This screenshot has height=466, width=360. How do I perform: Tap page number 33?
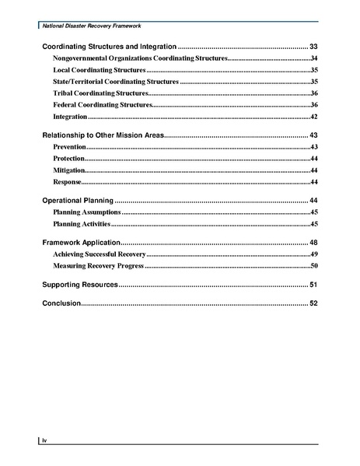(x=313, y=47)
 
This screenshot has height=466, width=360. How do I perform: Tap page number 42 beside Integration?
(x=314, y=117)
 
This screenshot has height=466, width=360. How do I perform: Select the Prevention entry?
(x=69, y=147)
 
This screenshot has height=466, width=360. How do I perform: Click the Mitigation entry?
(x=69, y=170)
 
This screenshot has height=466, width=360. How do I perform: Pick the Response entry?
(x=68, y=182)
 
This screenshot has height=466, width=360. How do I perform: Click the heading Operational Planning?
(x=77, y=201)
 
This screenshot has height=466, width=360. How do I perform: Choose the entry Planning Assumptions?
(x=86, y=212)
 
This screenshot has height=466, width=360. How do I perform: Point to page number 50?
(x=314, y=266)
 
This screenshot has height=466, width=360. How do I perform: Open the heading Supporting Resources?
(x=79, y=285)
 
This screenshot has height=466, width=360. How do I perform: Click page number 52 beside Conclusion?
(x=313, y=303)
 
